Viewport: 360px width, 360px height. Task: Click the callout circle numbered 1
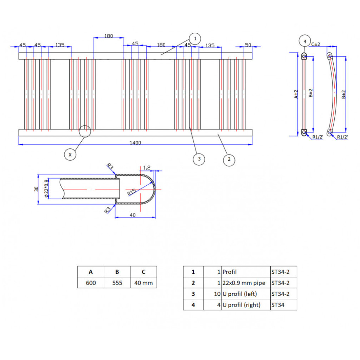click(195, 38)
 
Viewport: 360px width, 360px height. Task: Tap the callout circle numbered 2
click(229, 160)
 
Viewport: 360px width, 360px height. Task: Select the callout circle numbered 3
click(199, 159)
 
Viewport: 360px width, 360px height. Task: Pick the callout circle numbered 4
click(305, 42)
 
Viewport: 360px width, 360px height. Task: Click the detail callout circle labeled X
click(70, 154)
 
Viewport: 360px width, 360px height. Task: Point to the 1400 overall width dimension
click(135, 142)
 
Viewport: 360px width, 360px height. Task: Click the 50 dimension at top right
click(248, 44)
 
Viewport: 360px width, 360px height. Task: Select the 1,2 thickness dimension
click(147, 167)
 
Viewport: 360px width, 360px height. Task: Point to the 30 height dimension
click(36, 189)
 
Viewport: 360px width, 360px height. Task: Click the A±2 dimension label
click(296, 94)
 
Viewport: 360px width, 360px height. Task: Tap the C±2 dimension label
click(315, 44)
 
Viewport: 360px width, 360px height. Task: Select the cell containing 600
click(91, 283)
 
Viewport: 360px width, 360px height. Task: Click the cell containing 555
click(117, 283)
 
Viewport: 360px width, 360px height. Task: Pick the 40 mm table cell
click(143, 283)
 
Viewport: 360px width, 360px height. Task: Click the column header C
click(143, 272)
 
